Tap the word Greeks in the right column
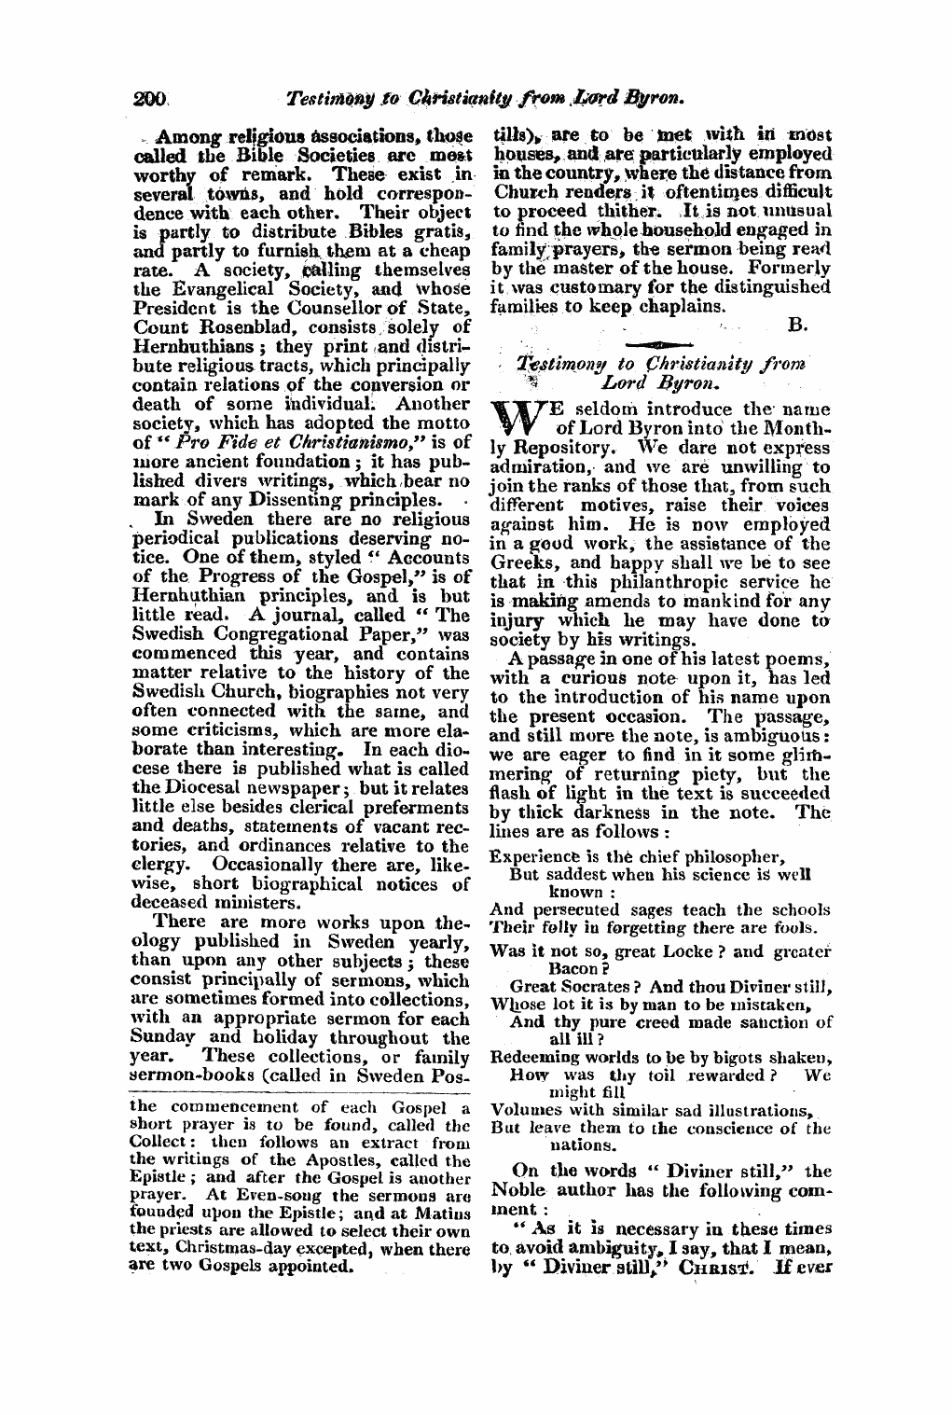point(517,560)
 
